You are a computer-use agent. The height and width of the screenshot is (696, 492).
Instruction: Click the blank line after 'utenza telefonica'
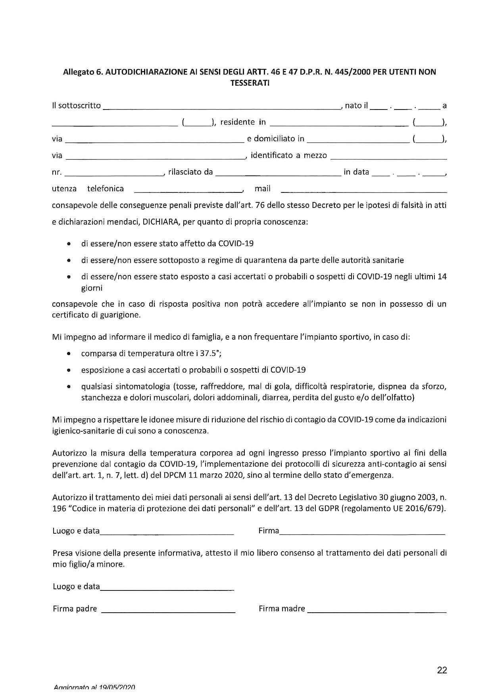tap(188, 191)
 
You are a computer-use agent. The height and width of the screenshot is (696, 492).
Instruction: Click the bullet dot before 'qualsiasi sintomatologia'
tap(69, 386)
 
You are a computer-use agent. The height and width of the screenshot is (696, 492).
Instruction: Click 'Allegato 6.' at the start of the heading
tap(83, 72)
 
